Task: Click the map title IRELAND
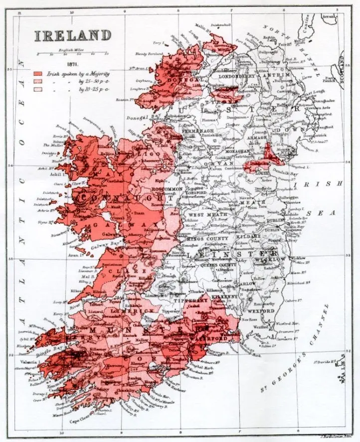click(72, 36)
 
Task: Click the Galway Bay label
click(89, 245)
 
